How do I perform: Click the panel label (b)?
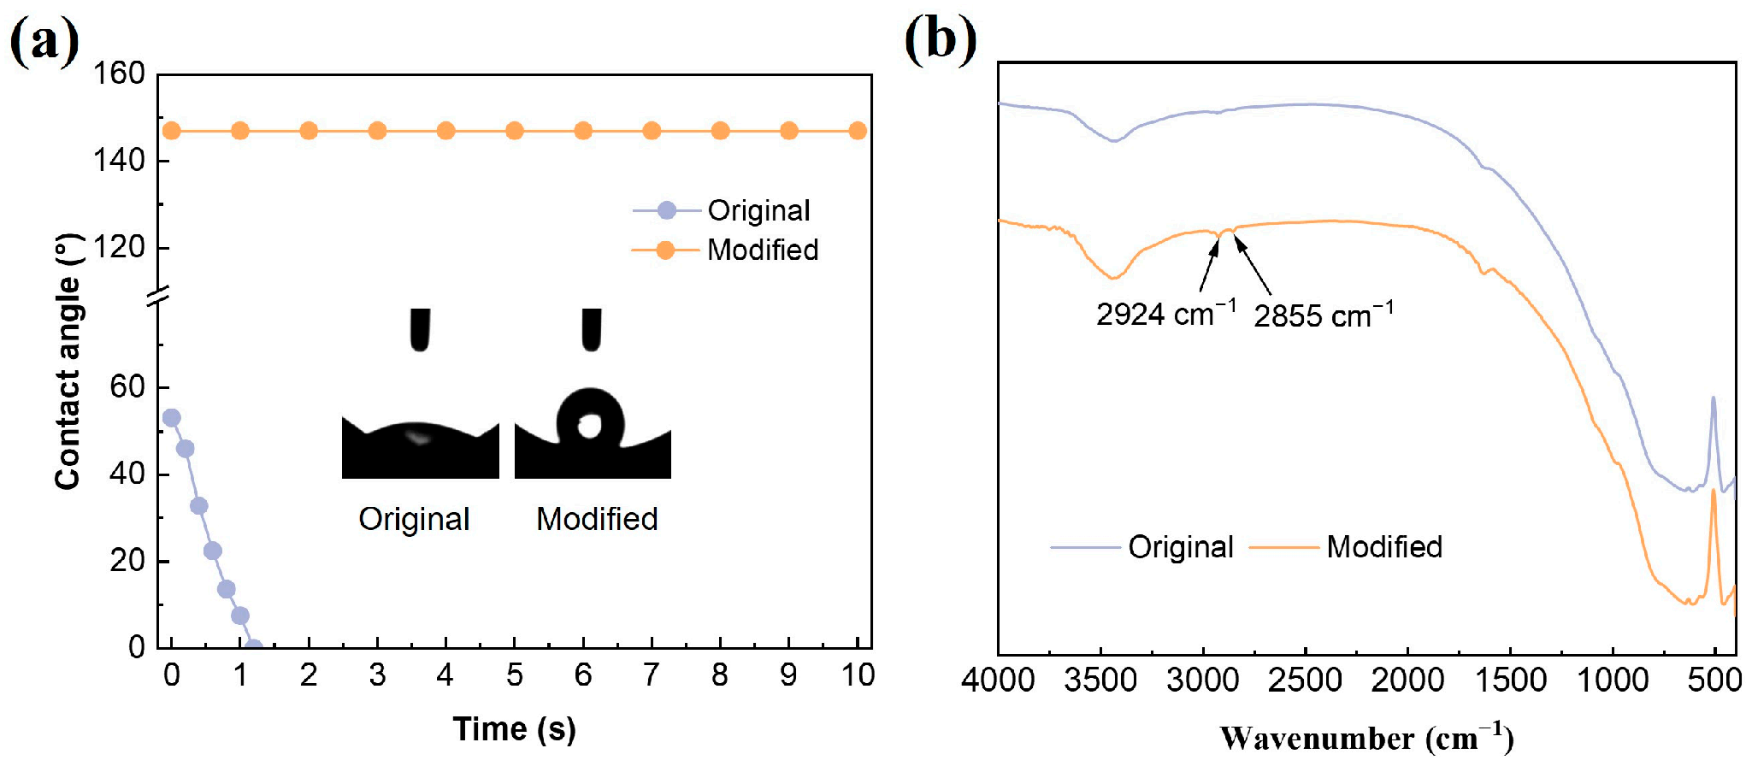[x=940, y=39]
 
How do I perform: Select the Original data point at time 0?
[x=172, y=418]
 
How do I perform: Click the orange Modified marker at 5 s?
[x=515, y=131]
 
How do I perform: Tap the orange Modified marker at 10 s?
[x=858, y=131]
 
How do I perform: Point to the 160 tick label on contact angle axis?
[x=119, y=74]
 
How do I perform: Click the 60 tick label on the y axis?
[x=127, y=386]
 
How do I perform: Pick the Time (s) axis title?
[x=514, y=728]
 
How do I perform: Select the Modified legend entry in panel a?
[x=762, y=250]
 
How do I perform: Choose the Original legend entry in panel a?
[x=758, y=210]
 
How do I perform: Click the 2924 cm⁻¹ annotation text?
[x=1165, y=314]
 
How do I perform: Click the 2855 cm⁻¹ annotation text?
[x=1323, y=315]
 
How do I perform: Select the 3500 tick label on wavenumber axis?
[x=1100, y=680]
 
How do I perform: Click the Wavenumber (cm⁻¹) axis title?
[x=1366, y=737]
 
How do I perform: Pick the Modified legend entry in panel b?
[x=1383, y=546]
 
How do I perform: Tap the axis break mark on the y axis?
[x=159, y=298]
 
